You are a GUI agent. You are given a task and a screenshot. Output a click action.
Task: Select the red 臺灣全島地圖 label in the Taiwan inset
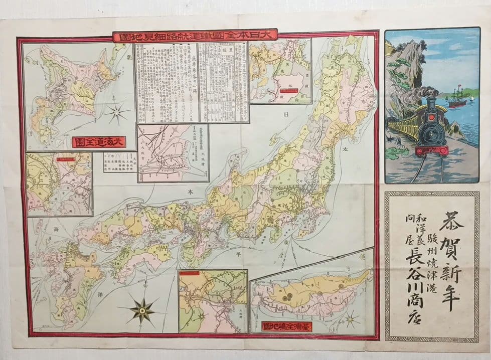pyautogui.click(x=286, y=326)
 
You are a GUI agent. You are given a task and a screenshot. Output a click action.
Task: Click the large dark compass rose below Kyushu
pyautogui.click(x=142, y=310)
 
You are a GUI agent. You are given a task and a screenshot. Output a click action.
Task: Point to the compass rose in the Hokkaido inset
pyautogui.click(x=116, y=112)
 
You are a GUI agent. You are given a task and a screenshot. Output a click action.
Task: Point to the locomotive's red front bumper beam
pyautogui.click(x=431, y=150)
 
